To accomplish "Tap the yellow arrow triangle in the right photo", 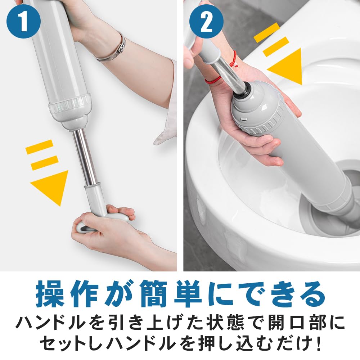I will (x=287, y=66).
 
